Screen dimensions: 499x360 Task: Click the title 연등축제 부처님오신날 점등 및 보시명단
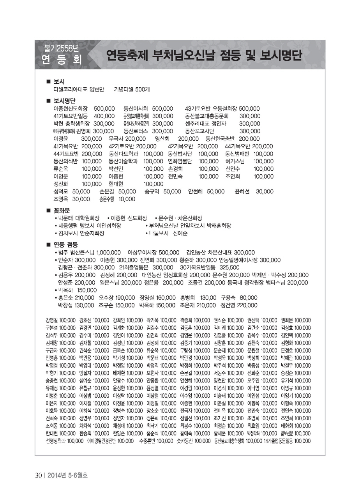pyautogui.click(x=204, y=56)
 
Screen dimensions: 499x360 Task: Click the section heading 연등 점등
pyautogui.click(x=65, y=245)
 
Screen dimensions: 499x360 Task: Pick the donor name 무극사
pyautogui.click(x=116, y=139)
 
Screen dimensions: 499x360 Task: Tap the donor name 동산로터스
pyautogui.click(x=136, y=131)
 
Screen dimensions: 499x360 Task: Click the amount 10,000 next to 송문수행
pyautogui.click(x=127, y=199)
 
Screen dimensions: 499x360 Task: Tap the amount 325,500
pyautogui.click(x=229, y=267)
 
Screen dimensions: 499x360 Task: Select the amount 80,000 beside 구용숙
pyautogui.click(x=248, y=298)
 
